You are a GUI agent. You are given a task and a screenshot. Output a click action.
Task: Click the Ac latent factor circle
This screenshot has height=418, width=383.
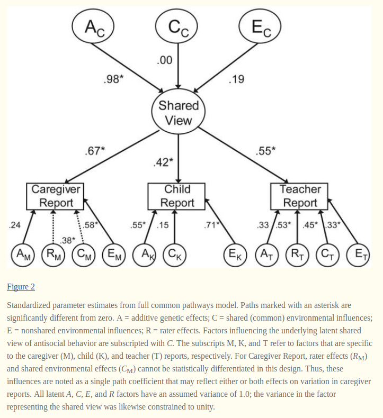click(93, 25)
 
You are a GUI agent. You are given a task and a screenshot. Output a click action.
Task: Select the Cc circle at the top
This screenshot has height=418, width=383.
click(177, 25)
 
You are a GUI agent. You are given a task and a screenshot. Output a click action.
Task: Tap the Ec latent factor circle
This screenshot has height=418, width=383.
click(261, 25)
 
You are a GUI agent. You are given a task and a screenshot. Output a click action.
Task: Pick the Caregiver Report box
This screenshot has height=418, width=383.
click(56, 196)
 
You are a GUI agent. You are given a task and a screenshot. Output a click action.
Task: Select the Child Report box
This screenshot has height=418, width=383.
click(177, 196)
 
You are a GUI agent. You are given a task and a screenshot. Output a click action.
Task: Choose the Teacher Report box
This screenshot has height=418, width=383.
click(300, 196)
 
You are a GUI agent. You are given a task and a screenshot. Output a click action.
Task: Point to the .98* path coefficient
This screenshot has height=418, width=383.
click(113, 80)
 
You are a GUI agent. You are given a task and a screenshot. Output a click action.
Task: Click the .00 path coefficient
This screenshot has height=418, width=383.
click(165, 60)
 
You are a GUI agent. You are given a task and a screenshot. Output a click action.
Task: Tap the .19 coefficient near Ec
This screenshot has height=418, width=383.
click(236, 80)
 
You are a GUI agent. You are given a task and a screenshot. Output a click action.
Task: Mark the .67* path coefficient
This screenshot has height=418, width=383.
click(95, 152)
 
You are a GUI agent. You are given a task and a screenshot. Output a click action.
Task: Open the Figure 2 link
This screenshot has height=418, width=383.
click(21, 287)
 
